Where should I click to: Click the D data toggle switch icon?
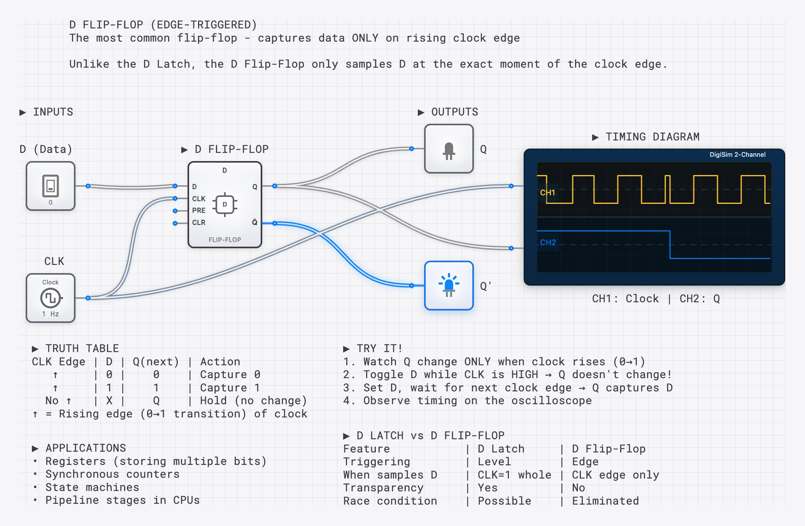point(51,186)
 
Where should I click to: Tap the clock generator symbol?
point(51,298)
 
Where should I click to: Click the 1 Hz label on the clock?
point(51,314)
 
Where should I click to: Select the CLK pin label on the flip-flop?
point(198,199)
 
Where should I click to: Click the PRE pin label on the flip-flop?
point(198,210)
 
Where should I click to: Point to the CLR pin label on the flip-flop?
point(198,223)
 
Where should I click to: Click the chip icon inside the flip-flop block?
point(224,205)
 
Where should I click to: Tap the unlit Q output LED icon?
point(449,151)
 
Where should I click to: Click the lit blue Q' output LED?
point(449,286)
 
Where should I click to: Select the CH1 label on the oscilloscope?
point(547,193)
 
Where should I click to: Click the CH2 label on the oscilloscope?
point(548,242)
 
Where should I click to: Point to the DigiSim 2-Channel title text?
point(737,154)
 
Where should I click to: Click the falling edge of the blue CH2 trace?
point(670,245)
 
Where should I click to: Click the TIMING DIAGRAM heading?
point(652,137)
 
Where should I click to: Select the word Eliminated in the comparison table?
point(605,501)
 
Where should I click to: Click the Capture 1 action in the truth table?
point(230,387)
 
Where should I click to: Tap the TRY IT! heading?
point(379,348)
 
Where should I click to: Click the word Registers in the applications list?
point(75,461)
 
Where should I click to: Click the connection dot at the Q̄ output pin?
point(275,223)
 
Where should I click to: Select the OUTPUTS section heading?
point(454,112)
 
